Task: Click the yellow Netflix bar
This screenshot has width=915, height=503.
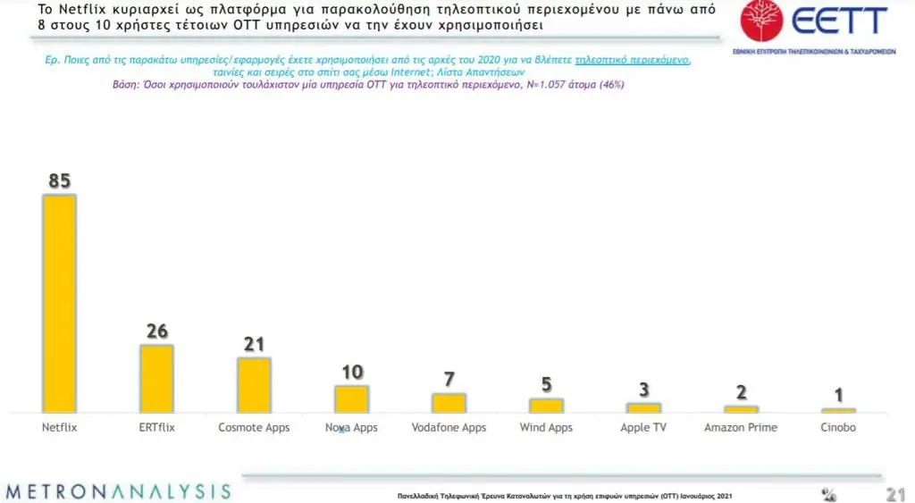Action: click(60, 303)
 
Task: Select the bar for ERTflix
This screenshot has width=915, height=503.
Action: click(156, 378)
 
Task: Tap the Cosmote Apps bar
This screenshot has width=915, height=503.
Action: click(254, 384)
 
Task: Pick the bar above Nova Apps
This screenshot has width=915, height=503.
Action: click(351, 398)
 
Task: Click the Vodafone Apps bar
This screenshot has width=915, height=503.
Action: click(449, 402)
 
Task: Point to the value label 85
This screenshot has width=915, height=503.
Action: click(60, 181)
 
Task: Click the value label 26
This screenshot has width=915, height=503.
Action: click(157, 331)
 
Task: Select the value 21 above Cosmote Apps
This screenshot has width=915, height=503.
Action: click(254, 344)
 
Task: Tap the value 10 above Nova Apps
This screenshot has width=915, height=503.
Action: click(352, 373)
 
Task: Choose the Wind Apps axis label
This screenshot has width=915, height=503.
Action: click(546, 428)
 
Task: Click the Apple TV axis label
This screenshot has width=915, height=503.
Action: click(643, 428)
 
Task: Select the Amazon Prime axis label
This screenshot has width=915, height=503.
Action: click(741, 428)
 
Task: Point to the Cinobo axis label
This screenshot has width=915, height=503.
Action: click(838, 428)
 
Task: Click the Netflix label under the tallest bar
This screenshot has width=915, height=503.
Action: click(60, 428)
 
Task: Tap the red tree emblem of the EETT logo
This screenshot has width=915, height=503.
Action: click(761, 21)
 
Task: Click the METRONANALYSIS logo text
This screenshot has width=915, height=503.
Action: click(118, 491)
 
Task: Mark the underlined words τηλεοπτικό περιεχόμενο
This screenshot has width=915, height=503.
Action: click(633, 60)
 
